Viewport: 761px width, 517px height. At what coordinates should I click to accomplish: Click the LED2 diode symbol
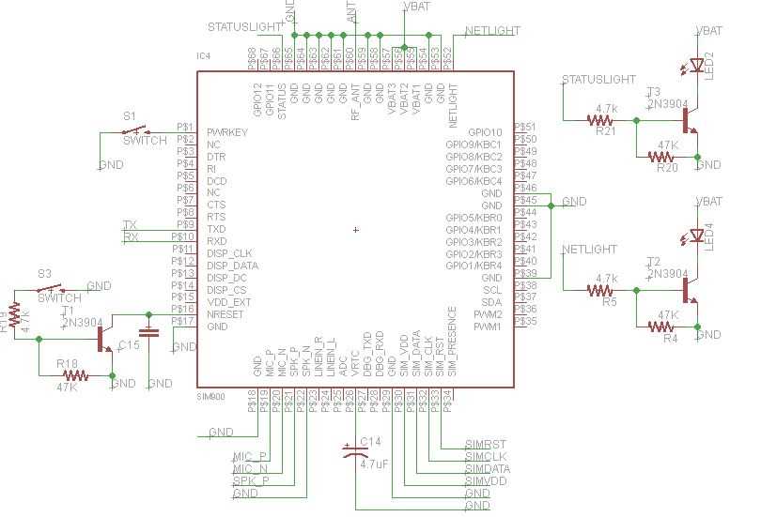click(x=697, y=66)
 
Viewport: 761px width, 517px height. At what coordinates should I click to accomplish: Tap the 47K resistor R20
click(x=666, y=157)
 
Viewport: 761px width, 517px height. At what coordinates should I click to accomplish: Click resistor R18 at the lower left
click(x=74, y=375)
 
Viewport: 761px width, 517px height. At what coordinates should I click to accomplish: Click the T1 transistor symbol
click(x=103, y=340)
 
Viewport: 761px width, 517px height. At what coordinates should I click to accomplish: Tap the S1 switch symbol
click(x=140, y=129)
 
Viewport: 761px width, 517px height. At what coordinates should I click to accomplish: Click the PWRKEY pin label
click(x=227, y=133)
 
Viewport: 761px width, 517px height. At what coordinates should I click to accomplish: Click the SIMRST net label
click(x=486, y=444)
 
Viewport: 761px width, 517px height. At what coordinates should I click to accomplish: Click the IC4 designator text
click(x=204, y=57)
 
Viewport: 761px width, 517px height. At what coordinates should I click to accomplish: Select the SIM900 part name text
click(x=210, y=397)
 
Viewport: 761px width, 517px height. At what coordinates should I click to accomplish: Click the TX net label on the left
click(x=130, y=225)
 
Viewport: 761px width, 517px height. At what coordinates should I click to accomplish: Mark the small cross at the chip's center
click(x=355, y=229)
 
